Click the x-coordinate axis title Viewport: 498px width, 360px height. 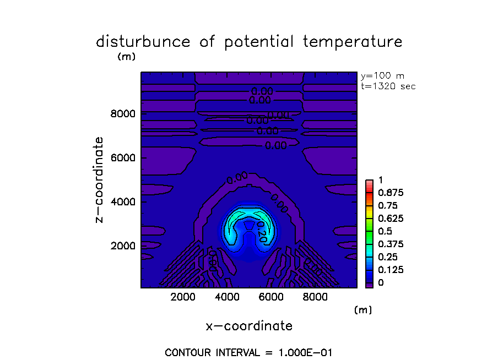click(x=249, y=326)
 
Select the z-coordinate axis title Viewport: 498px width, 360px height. click(x=100, y=179)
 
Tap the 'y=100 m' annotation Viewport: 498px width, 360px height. click(x=382, y=76)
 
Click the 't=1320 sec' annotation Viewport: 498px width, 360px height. click(x=388, y=86)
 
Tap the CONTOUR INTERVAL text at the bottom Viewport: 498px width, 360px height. click(x=248, y=352)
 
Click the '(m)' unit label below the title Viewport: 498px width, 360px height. click(x=127, y=56)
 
